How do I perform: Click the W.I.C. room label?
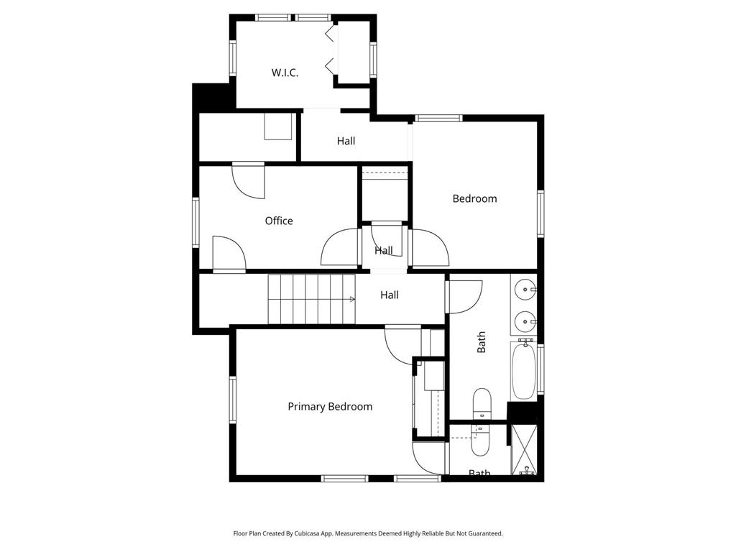[x=285, y=73]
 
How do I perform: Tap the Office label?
[x=279, y=221]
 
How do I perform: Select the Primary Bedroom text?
[x=330, y=407]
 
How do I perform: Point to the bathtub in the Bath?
[x=523, y=371]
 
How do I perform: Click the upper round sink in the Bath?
[x=524, y=290]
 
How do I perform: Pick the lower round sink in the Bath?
[x=524, y=322]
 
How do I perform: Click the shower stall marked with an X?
[x=524, y=450]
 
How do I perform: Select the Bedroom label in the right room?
[x=474, y=198]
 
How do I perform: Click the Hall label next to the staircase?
[x=390, y=295]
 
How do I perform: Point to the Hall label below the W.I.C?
[x=346, y=141]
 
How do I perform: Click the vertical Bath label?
[x=481, y=342]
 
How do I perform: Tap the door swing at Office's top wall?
[x=249, y=180]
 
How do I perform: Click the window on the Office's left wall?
[x=195, y=223]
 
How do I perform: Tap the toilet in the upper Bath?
[x=482, y=404]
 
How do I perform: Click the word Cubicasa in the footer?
[x=308, y=534]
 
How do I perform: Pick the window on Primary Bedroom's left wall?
[x=232, y=400]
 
